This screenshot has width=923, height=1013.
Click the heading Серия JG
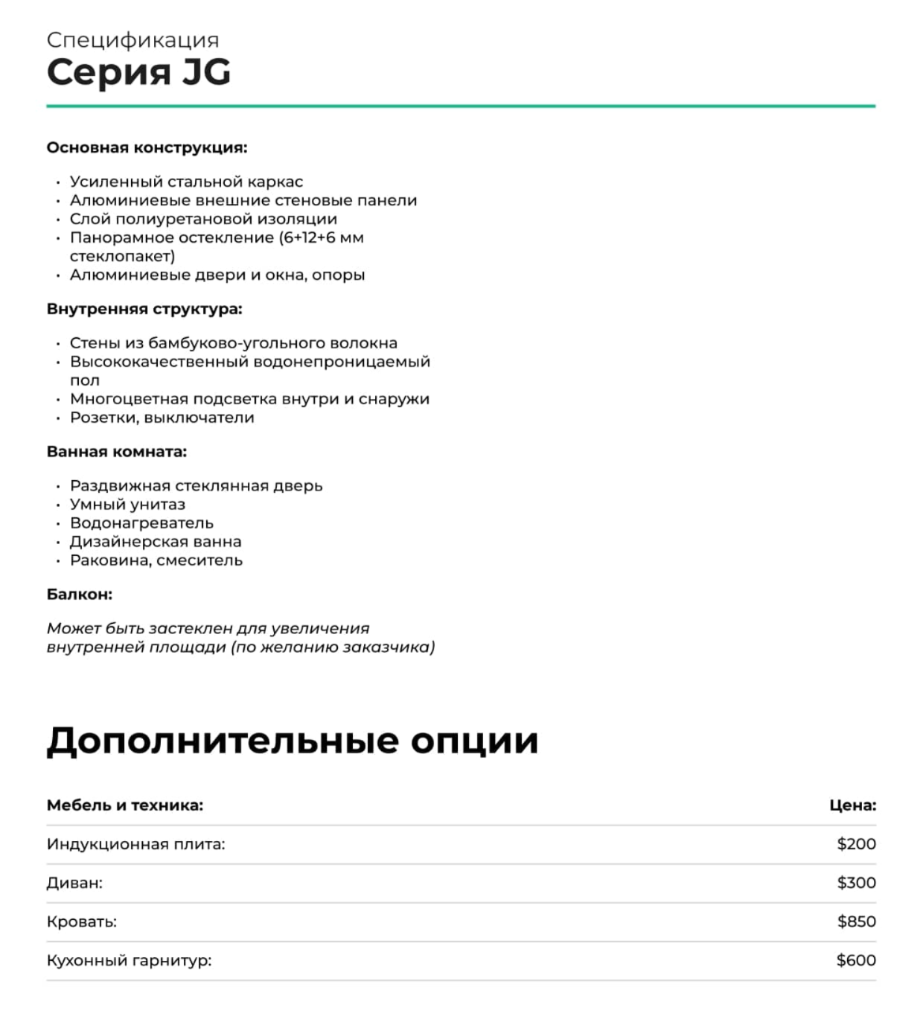138,72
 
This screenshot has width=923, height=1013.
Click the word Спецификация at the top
132,39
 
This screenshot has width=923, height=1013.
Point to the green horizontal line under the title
461,106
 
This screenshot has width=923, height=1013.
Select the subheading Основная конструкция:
147,147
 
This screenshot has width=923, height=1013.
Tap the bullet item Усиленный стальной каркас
186,182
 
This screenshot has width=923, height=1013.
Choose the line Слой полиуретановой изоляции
203,219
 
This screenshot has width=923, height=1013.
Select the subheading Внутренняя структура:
144,309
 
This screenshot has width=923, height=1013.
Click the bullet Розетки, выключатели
162,418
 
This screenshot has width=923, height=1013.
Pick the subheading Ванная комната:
117,452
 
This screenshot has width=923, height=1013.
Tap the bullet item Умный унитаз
127,505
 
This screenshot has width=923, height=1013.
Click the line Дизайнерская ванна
156,542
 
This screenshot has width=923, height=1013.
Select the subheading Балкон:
80,595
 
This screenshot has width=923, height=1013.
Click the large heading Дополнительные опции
292,741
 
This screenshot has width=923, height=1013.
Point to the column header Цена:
852,805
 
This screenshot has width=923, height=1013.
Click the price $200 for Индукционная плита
856,844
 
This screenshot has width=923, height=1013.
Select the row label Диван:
74,883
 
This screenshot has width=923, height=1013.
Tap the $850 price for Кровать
856,921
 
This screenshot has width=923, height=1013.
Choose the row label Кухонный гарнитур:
129,960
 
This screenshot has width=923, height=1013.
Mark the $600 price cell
856,960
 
